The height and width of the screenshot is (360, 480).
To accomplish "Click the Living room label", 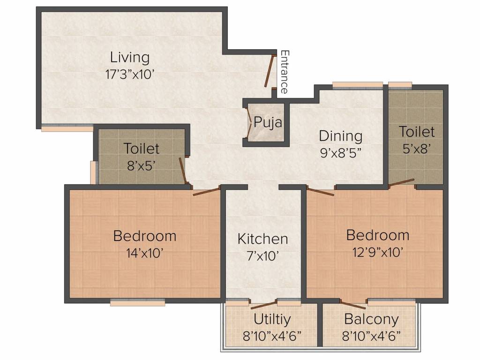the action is click(x=130, y=58).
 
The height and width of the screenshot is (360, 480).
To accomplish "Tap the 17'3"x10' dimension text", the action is click(x=129, y=75).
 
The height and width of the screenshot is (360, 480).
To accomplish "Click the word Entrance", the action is click(x=285, y=72).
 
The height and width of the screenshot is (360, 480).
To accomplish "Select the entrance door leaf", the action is click(x=269, y=71).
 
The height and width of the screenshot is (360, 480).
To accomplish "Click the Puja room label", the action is click(x=268, y=123).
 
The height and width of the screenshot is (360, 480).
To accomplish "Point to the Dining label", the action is click(x=340, y=136).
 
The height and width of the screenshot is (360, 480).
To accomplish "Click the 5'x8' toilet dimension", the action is click(x=417, y=149).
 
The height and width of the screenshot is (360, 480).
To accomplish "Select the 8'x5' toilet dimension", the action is click(x=142, y=165).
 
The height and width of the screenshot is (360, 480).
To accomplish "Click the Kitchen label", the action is click(x=262, y=239).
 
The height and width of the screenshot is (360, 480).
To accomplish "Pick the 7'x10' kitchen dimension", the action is click(x=262, y=255).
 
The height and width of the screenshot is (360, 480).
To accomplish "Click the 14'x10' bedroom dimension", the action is click(x=144, y=253).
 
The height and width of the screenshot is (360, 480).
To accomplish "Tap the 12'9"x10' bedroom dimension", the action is click(x=378, y=252).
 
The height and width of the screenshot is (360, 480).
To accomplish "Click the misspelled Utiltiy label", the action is click(x=272, y=319).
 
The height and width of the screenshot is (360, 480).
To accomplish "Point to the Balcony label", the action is click(x=371, y=319).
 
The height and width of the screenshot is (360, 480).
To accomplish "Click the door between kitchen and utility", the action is click(x=263, y=306).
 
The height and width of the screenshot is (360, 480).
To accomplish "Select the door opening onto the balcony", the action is click(x=352, y=304).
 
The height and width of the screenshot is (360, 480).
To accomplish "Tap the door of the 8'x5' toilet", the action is click(x=184, y=171).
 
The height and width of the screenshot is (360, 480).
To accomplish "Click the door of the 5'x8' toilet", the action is click(x=401, y=182).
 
